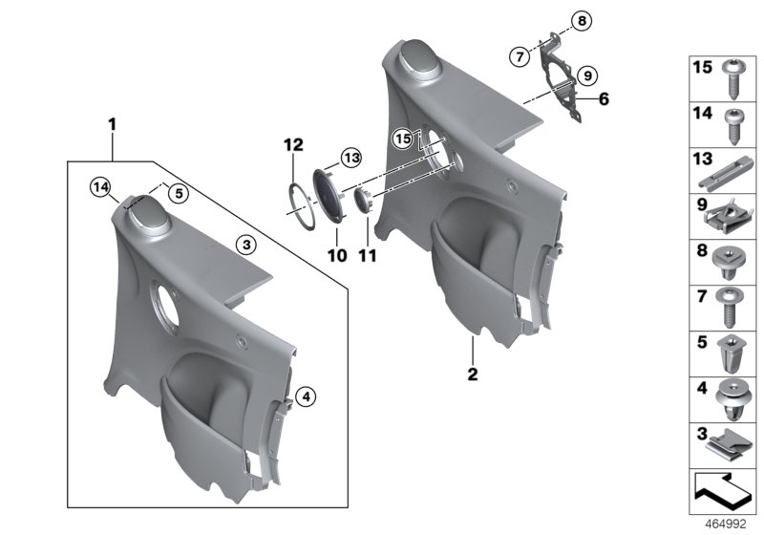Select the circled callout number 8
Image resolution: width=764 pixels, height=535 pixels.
(556, 20)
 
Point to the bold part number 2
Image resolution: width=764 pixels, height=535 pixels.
(472, 375)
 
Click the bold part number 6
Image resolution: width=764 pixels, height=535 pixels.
(604, 98)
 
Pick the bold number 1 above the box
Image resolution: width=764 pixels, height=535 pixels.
(112, 123)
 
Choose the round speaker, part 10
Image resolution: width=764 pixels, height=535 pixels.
(331, 199)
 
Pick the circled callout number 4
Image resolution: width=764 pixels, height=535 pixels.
(303, 395)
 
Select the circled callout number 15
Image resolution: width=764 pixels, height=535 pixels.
(403, 139)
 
